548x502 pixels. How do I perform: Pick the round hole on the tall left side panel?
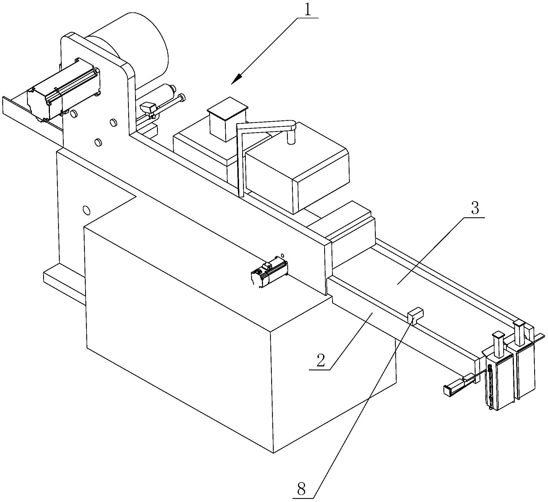coord(87,210)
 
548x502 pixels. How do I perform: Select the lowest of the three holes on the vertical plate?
coord(98,143)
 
